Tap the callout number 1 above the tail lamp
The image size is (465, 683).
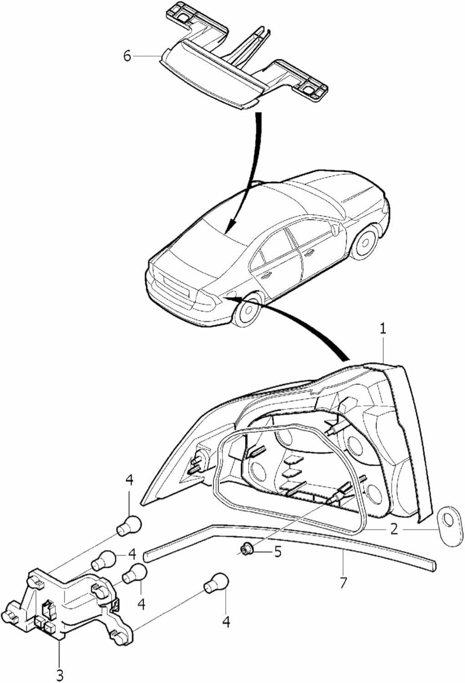tap(383, 329)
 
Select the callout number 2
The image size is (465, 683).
tap(394, 529)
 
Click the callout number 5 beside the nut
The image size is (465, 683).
tap(277, 552)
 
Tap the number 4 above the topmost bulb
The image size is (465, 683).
tap(129, 480)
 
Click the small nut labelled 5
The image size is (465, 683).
tap(246, 549)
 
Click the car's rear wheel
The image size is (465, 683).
tap(248, 310)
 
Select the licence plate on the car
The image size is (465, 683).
tap(176, 285)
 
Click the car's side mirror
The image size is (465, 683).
tap(336, 230)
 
